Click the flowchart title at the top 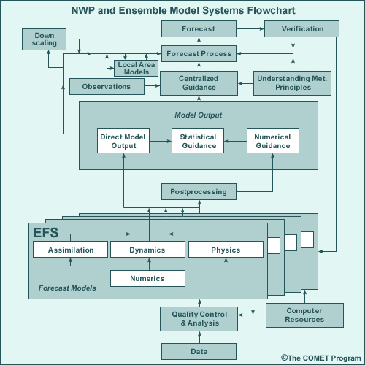(182, 11)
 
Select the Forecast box (199, 29)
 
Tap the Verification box (301, 29)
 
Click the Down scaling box (44, 40)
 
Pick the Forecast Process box (199, 53)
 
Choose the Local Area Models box (137, 69)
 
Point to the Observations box (106, 86)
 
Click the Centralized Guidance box (199, 82)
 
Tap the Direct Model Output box (123, 141)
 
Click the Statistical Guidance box (199, 141)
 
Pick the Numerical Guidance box (273, 141)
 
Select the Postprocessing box (199, 192)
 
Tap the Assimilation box (71, 250)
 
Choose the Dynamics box (147, 250)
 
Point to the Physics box (225, 250)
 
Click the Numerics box (147, 278)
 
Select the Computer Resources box (304, 315)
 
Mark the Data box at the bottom (199, 351)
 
